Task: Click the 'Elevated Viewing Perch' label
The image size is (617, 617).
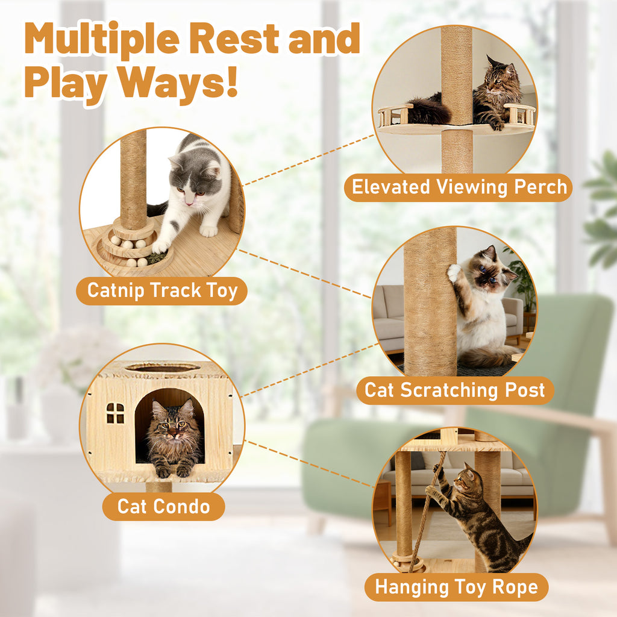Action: point(459,187)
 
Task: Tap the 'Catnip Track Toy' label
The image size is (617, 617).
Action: point(161,291)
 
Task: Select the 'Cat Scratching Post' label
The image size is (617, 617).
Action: point(455,390)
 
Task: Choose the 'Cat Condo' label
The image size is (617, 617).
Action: point(164,506)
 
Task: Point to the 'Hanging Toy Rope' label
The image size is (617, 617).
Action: point(457,587)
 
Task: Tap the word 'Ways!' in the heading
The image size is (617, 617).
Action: point(178,82)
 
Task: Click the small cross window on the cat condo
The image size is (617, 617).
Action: point(115,413)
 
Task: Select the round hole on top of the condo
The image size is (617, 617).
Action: point(163,368)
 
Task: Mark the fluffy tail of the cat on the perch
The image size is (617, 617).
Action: point(428,111)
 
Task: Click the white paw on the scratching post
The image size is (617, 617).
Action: point(454,272)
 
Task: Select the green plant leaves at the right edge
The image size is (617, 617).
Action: point(602,208)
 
